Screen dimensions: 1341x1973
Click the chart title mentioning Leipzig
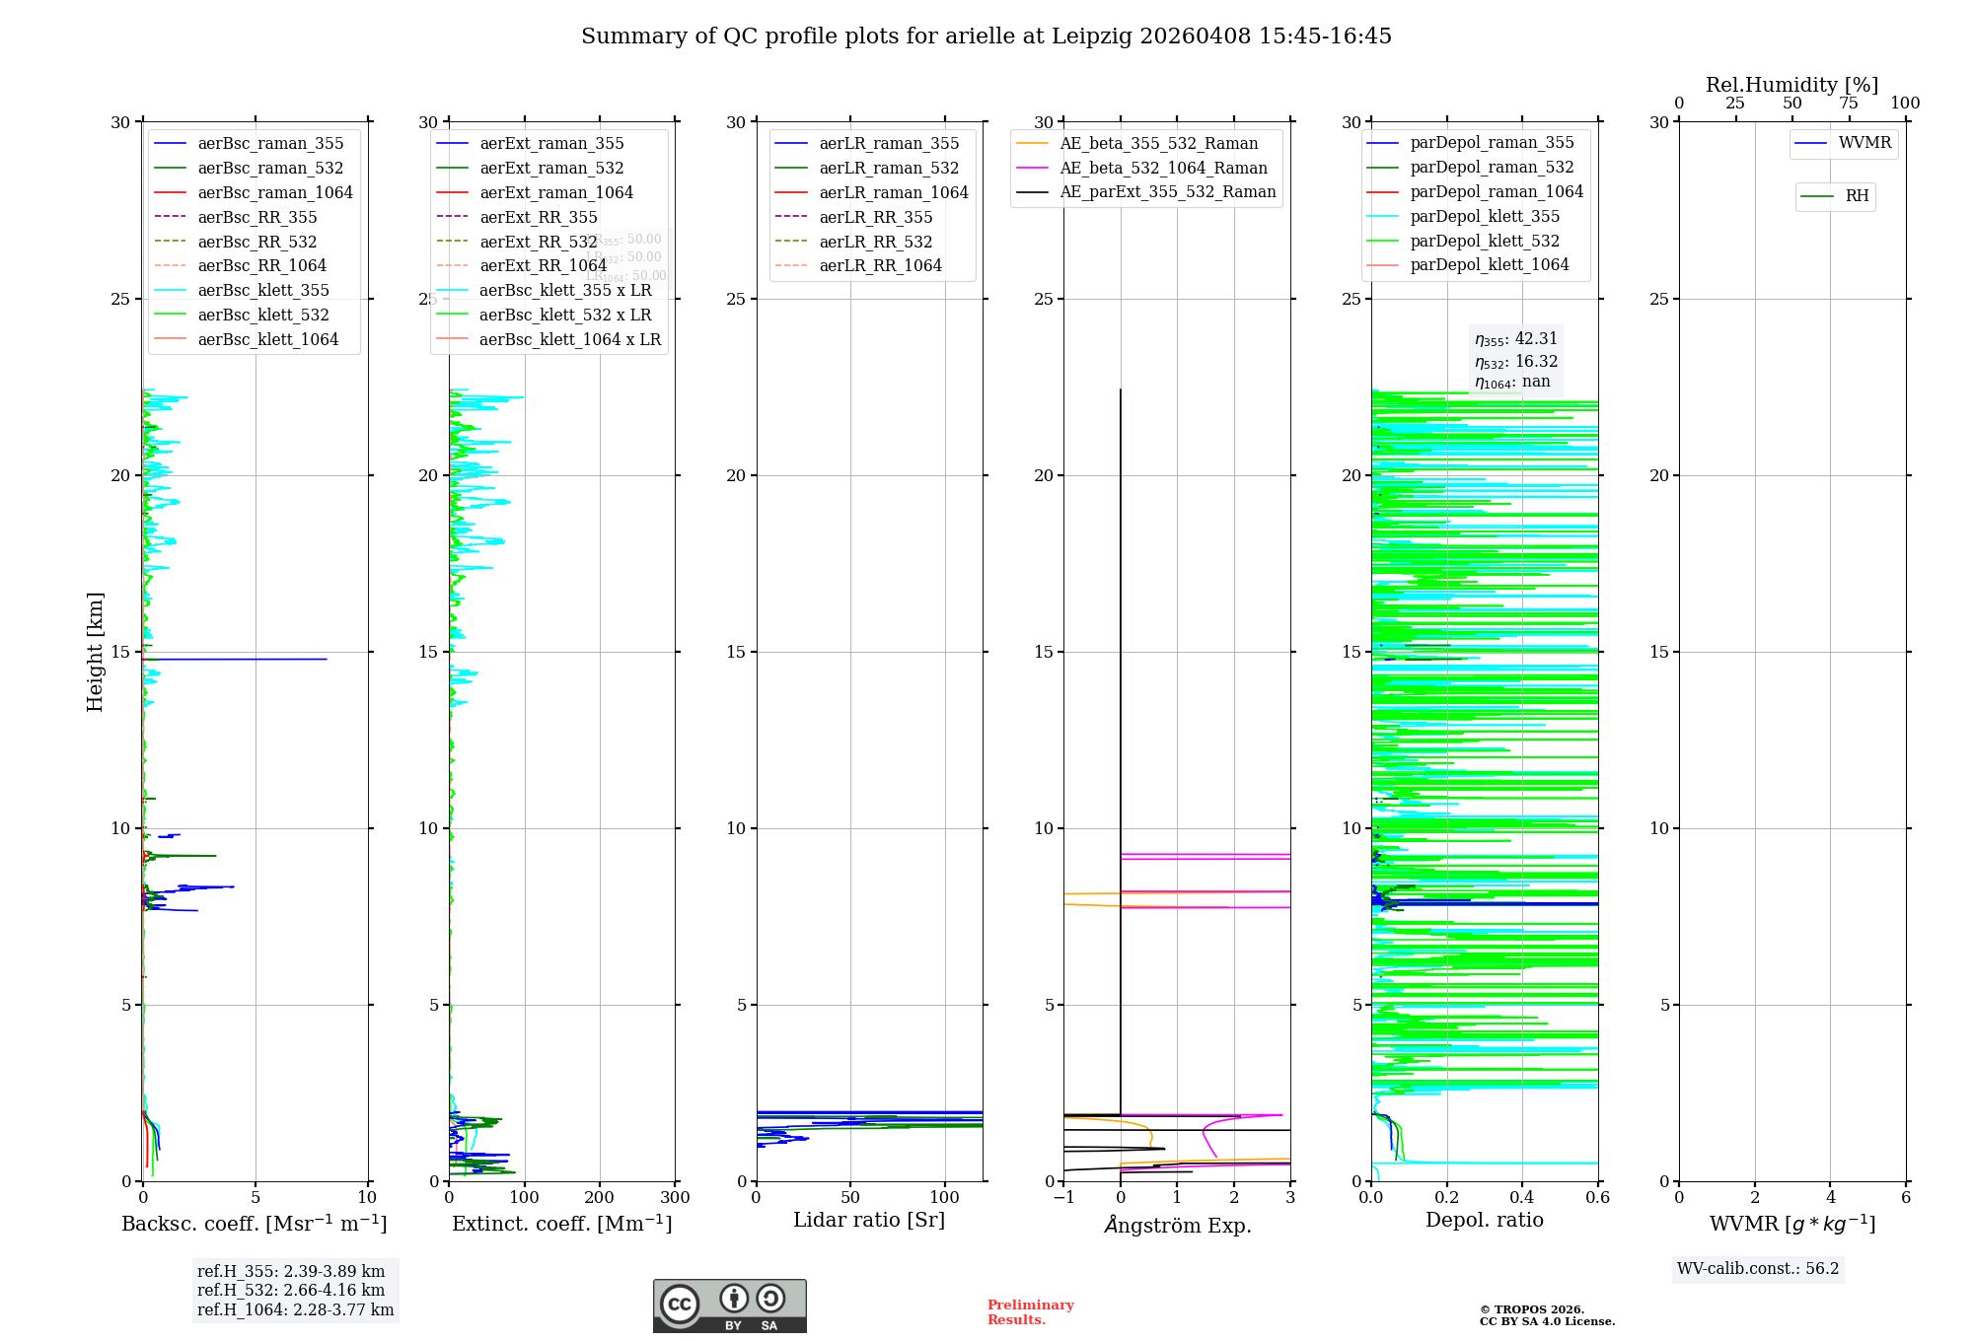tap(986, 36)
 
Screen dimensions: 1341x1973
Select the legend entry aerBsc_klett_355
tap(262, 290)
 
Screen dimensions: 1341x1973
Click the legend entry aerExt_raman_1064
tap(555, 192)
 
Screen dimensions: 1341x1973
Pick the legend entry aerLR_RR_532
tap(875, 242)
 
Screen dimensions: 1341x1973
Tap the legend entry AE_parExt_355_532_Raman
tap(1167, 191)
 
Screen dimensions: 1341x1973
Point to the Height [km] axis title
tap(95, 652)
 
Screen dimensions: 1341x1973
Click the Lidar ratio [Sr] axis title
tap(868, 1220)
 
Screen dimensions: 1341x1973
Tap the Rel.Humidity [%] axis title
tap(1791, 85)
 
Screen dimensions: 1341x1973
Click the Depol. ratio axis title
tap(1484, 1220)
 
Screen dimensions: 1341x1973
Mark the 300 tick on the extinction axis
tap(676, 1198)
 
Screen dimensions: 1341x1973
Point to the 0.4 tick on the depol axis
tap(1522, 1198)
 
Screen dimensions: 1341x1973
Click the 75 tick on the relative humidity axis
tap(1849, 104)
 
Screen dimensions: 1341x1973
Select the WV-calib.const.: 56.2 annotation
tap(1757, 1269)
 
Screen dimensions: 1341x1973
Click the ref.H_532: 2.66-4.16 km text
tap(291, 1290)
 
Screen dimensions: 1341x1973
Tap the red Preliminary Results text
tap(1030, 1312)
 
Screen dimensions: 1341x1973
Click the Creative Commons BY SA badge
tap(729, 1306)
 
